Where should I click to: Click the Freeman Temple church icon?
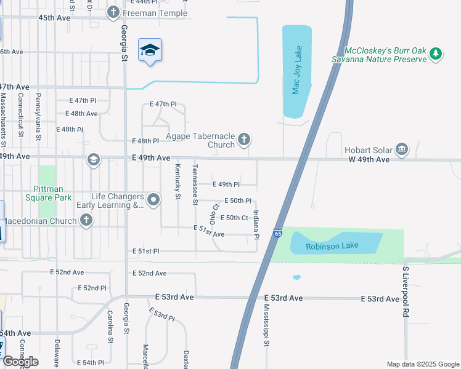pos(113,12)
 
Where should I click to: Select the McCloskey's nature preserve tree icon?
pos(436,54)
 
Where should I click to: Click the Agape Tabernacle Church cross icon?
pos(244,140)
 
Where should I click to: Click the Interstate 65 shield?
pos(278,234)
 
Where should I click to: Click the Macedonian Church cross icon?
pos(86,220)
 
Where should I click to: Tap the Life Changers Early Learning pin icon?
pos(154,199)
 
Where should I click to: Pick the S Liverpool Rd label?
pos(405,292)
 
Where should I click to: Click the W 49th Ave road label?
pos(370,160)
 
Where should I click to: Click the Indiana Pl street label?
pos(256,223)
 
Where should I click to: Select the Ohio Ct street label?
pos(214,213)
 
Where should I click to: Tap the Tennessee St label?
pos(195,184)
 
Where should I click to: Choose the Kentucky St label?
pos(177,182)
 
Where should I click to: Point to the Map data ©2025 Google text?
pos(422,364)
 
